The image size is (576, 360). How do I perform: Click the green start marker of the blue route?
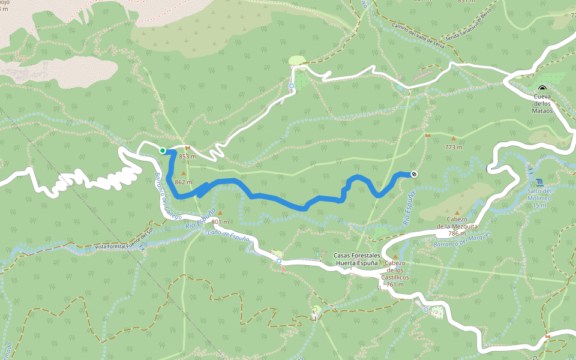click(x=163, y=150)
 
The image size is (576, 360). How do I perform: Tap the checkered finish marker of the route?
click(x=414, y=175)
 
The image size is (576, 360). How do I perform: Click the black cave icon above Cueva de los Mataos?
click(x=542, y=88)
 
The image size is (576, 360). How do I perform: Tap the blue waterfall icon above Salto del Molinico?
click(x=539, y=182)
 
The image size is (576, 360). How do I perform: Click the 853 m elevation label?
click(x=188, y=157)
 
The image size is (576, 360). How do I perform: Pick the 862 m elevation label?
click(x=183, y=182)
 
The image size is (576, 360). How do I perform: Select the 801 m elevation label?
click(x=220, y=222)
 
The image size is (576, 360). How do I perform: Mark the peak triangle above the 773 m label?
click(x=453, y=139)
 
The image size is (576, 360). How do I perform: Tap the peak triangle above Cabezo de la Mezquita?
click(x=457, y=212)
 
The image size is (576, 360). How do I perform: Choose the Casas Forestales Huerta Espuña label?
click(x=356, y=259)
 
